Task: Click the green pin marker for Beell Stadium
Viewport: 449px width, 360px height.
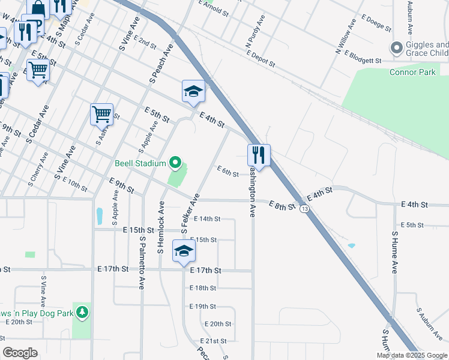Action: point(175,163)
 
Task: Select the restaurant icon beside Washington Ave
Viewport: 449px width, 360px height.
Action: point(259,155)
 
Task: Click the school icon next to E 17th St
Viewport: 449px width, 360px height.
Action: point(184,251)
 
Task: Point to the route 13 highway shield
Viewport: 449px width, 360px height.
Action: point(305,208)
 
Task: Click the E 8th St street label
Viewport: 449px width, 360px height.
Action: point(282,206)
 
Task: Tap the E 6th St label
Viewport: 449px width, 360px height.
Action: point(228,172)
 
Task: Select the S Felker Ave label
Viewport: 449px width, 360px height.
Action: point(190,212)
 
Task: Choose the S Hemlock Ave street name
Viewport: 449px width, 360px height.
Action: point(161,227)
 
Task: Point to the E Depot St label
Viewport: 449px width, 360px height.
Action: point(261,58)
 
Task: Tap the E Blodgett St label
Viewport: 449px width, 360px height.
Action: point(363,60)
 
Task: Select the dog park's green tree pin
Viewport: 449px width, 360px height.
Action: point(82,313)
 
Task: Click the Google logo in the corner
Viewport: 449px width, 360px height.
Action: point(20,353)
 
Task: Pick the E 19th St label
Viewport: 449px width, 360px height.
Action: point(202,306)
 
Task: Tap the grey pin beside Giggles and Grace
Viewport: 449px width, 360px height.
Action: point(396,47)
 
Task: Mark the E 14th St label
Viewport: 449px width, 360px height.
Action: point(207,219)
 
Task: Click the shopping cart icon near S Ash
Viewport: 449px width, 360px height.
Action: point(101,114)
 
